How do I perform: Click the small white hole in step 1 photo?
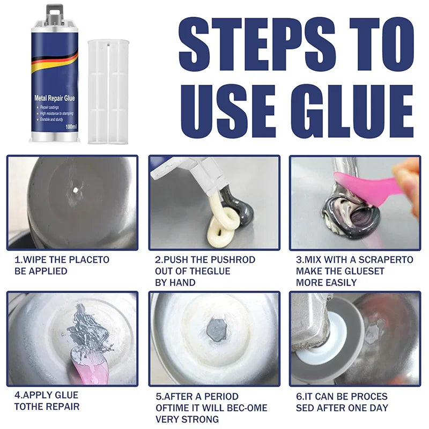tap(76, 188)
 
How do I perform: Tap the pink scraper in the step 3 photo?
tap(365, 186)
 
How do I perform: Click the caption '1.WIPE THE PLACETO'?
tap(62, 260)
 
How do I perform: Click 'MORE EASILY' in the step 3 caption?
tap(326, 283)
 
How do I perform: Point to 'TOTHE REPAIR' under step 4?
tap(47, 406)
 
